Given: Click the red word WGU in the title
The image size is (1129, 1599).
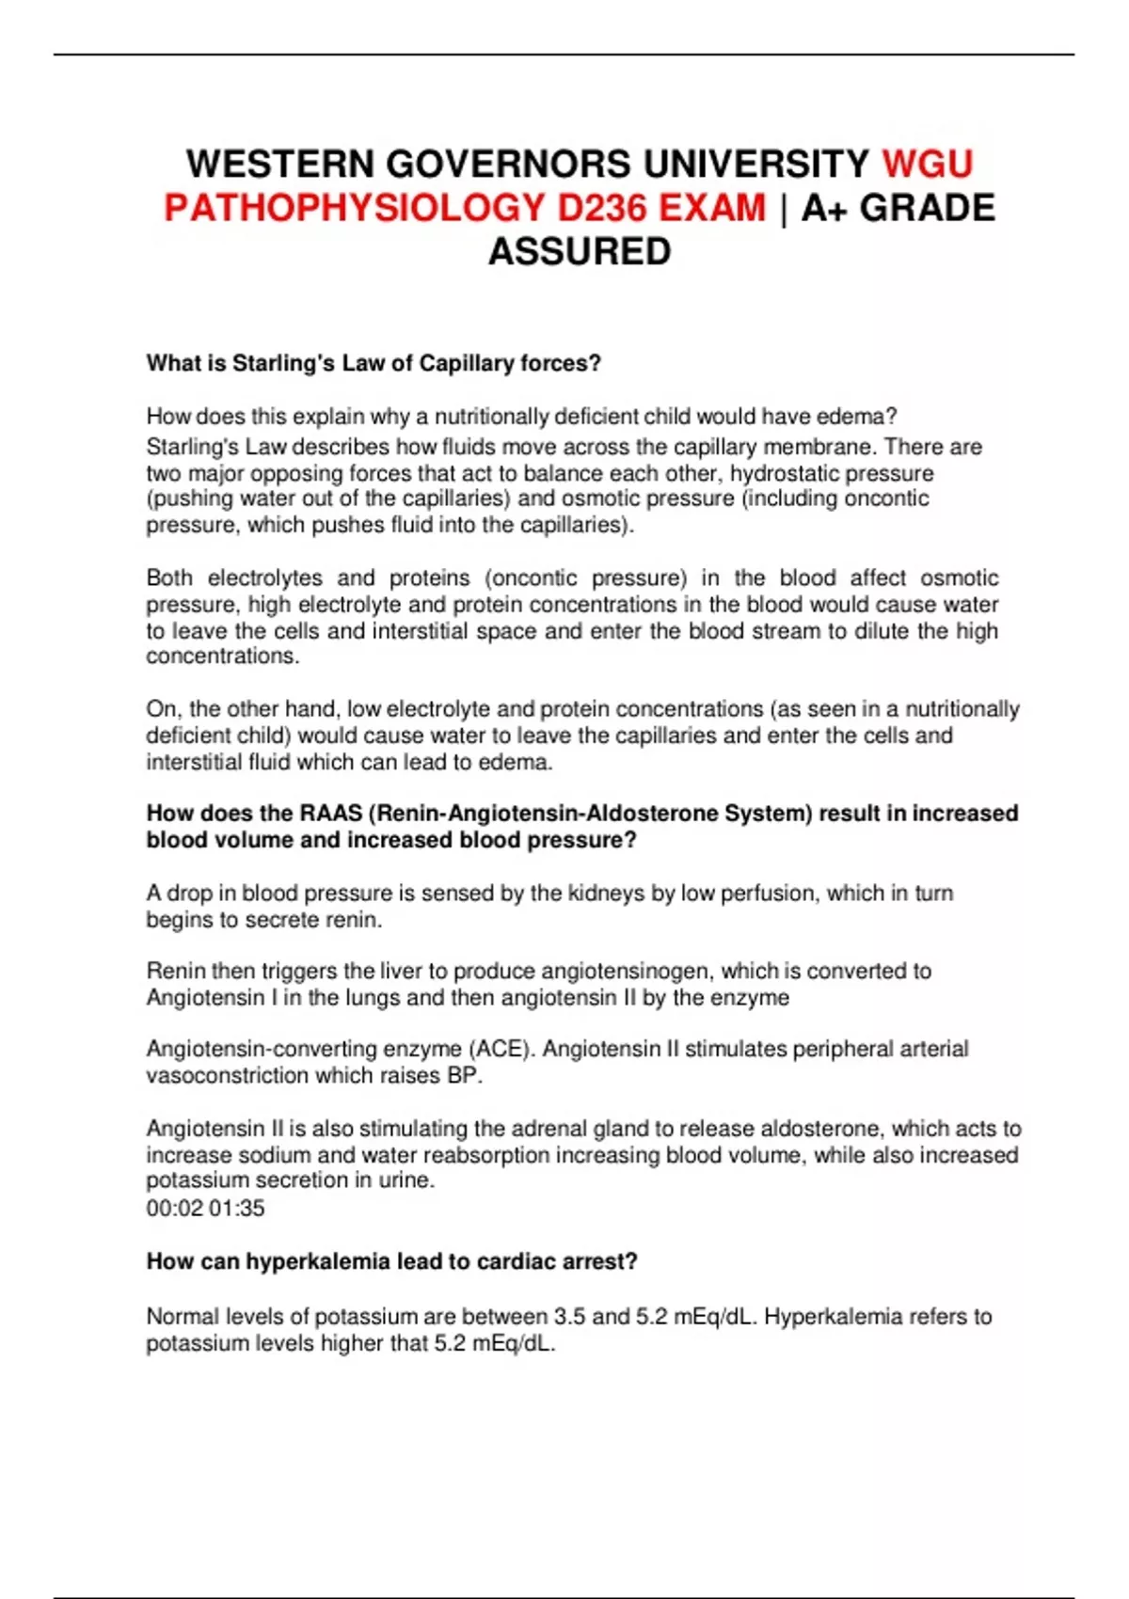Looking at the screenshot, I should [x=927, y=164].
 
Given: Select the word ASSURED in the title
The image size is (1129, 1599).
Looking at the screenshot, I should [x=580, y=251].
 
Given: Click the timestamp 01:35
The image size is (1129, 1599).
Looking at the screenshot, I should [x=236, y=1208].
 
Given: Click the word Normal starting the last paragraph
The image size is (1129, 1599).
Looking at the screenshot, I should [x=181, y=1316].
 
